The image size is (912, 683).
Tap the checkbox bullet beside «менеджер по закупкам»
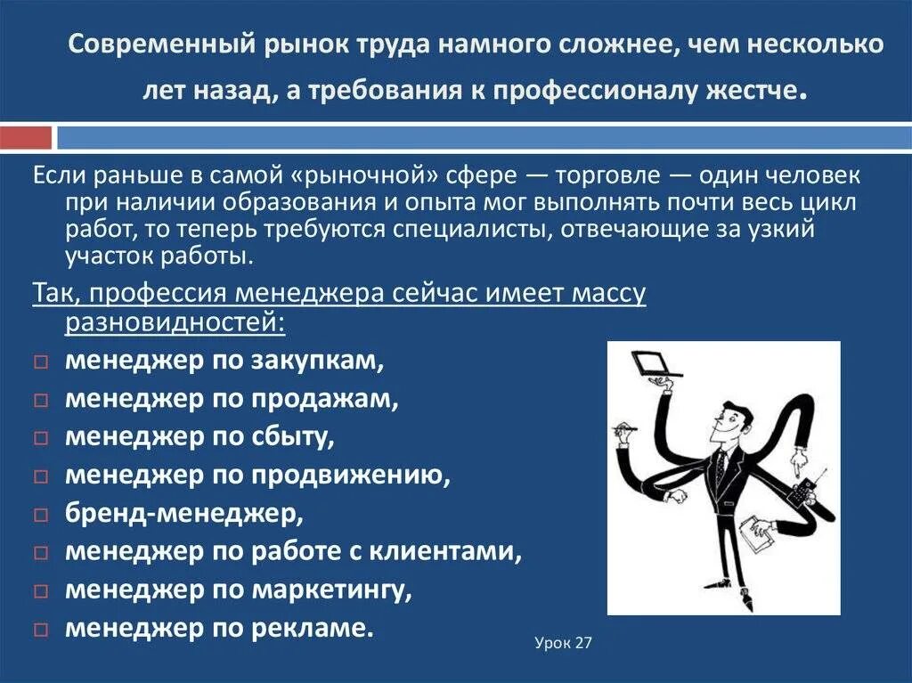[x=41, y=363]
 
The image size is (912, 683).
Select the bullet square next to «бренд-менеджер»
[x=41, y=515]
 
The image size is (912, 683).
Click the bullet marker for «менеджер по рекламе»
[x=41, y=630]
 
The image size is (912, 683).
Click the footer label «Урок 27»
[x=563, y=643]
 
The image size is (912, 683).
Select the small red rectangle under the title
[x=26, y=138]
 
